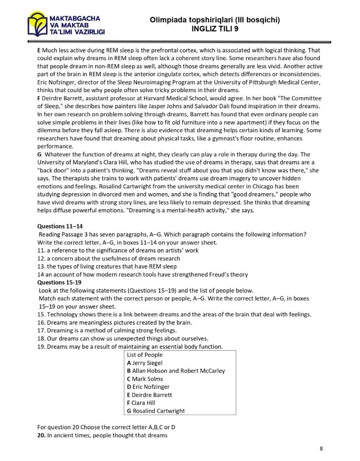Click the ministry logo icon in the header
click(x=37, y=24)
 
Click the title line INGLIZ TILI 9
click(x=215, y=29)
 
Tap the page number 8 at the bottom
click(x=321, y=448)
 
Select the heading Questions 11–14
click(x=60, y=226)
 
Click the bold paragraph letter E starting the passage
click(x=39, y=50)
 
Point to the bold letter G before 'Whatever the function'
click(x=40, y=155)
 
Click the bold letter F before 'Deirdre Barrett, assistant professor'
click(x=39, y=98)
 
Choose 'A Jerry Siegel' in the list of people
click(x=145, y=363)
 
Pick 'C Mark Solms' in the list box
click(x=145, y=379)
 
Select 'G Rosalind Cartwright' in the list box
click(x=156, y=411)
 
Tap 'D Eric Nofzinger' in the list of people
click(x=148, y=387)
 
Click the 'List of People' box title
click(x=145, y=355)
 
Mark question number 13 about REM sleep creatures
click(x=41, y=267)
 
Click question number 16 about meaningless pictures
click(x=41, y=323)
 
